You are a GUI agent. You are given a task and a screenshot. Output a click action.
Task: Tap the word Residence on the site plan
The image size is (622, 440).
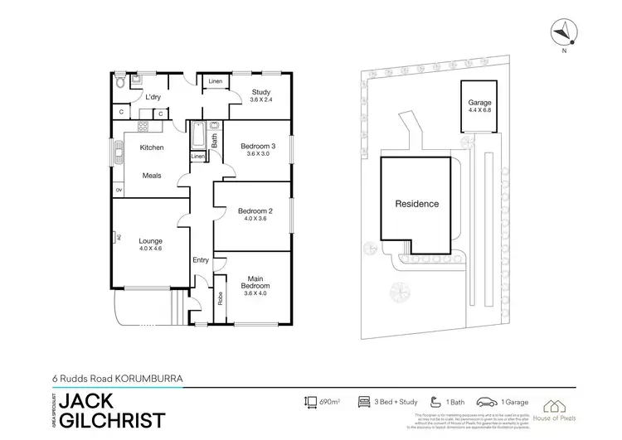pyautogui.click(x=416, y=204)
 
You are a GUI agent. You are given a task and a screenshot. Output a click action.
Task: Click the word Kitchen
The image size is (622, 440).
pyautogui.click(x=151, y=147)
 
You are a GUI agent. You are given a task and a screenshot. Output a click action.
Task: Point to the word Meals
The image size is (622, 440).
pyautogui.click(x=151, y=175)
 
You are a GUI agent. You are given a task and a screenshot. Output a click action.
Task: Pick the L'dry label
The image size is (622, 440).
pyautogui.click(x=153, y=98)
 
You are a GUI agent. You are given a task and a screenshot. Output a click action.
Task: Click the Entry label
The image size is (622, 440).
pyautogui.click(x=200, y=260)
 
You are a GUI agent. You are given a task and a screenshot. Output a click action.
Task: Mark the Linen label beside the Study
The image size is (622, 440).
pyautogui.click(x=215, y=81)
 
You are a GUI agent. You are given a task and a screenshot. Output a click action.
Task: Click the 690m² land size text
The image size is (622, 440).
pyautogui.click(x=331, y=401)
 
